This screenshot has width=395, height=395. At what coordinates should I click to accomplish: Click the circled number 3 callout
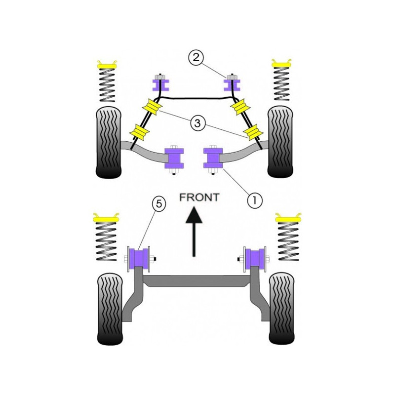tap(198, 123)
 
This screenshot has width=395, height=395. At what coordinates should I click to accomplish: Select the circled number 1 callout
tap(255, 200)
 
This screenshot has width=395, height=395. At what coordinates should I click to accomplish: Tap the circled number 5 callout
tap(158, 203)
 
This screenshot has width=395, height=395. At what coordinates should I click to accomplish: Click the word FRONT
tap(199, 197)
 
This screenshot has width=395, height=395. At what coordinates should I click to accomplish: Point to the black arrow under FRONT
tap(194, 232)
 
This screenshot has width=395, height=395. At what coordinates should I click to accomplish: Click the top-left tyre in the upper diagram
tap(109, 143)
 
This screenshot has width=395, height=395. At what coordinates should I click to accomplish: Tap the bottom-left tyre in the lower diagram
tap(110, 309)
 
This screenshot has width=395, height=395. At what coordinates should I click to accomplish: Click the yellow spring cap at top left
tap(107, 65)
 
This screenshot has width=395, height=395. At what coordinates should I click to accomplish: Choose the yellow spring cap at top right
tap(281, 64)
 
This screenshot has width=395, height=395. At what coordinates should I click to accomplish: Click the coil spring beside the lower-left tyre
tap(107, 241)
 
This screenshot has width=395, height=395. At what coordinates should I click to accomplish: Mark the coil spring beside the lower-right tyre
tap(288, 241)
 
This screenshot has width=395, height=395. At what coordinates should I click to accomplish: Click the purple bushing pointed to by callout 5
tap(139, 258)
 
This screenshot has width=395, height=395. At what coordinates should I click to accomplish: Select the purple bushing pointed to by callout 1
tap(213, 158)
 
